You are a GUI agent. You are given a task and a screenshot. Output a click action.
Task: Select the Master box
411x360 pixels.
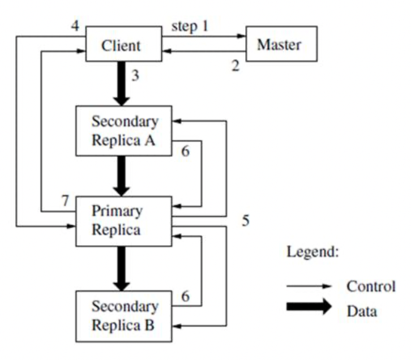click(x=280, y=44)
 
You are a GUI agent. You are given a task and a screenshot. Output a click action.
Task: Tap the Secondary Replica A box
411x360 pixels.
click(x=123, y=130)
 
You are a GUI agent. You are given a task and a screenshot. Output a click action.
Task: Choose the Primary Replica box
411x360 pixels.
click(x=123, y=221)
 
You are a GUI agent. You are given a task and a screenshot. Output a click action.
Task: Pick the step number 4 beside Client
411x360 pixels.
click(x=74, y=26)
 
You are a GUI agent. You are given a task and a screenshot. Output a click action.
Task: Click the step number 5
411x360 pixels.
click(x=245, y=221)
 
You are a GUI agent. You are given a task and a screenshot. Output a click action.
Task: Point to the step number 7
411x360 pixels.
click(x=66, y=202)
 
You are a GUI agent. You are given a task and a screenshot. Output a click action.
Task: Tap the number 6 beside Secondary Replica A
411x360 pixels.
click(x=185, y=152)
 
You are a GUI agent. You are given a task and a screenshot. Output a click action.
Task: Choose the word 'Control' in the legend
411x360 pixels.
click(x=371, y=286)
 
